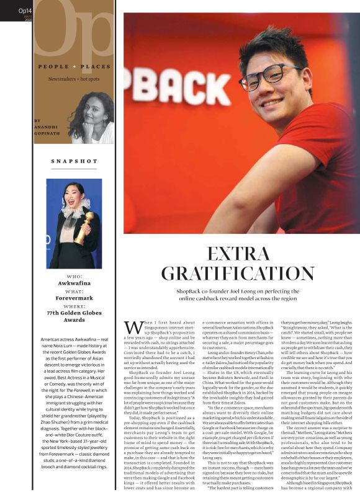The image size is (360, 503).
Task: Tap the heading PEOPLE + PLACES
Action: click(74, 66)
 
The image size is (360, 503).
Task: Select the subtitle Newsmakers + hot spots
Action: click(74, 79)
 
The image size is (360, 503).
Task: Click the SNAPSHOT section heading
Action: click(74, 161)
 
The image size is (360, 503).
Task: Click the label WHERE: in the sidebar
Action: click(74, 306)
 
